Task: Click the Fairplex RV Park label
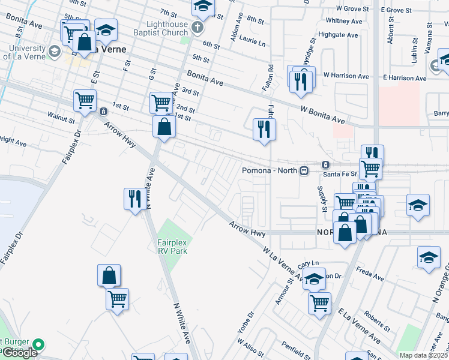[172, 246]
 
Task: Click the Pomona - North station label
[270, 170]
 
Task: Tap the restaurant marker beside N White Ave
[133, 199]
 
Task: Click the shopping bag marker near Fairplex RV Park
[109, 275]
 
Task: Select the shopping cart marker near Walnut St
[85, 100]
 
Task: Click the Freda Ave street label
[370, 278]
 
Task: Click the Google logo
[20, 353]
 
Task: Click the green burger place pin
[39, 345]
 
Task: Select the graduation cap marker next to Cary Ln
[314, 279]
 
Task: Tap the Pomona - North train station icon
[304, 170]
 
